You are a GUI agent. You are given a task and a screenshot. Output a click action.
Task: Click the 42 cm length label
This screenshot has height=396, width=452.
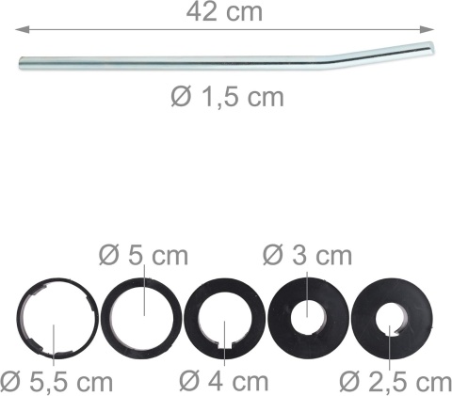(224, 12)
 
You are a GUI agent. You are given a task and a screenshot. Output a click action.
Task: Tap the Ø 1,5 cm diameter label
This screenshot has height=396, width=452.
(227, 97)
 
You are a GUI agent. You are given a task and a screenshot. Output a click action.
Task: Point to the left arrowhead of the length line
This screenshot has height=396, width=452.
(23, 30)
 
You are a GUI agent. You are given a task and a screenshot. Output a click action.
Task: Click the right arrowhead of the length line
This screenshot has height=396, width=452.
(427, 29)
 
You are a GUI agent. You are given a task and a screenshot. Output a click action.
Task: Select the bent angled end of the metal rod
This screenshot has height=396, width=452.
(383, 51)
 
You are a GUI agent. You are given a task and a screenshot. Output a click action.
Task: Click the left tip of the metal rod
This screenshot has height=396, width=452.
(21, 63)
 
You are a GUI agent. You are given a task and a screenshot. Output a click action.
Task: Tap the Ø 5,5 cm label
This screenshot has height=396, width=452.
(56, 382)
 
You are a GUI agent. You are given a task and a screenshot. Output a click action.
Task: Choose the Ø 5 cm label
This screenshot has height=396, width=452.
(144, 256)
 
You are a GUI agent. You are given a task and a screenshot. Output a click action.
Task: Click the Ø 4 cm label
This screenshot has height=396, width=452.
(224, 382)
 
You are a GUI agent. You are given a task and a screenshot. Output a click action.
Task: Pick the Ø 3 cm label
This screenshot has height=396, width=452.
(307, 256)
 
